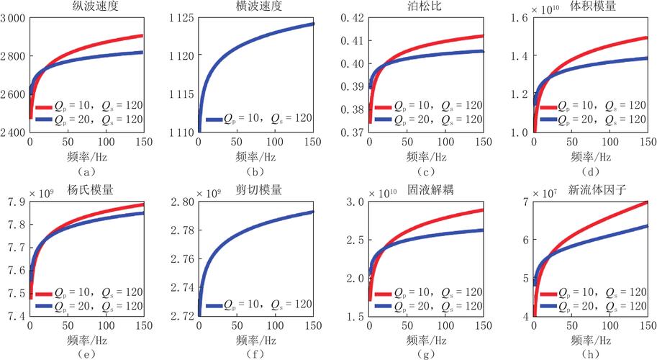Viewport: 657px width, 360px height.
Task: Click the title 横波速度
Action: (x=258, y=6)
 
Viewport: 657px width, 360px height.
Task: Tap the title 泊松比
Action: (x=425, y=6)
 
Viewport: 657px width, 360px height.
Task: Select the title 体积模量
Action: (x=592, y=6)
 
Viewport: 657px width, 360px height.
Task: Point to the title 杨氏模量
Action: (x=90, y=190)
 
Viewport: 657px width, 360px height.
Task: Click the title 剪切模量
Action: (x=258, y=190)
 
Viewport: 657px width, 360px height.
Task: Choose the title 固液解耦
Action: (x=430, y=190)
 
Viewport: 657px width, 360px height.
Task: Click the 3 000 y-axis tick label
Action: (x=12, y=19)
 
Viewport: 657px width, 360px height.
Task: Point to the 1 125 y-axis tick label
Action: (x=182, y=19)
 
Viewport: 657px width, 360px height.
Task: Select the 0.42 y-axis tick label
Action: (x=353, y=19)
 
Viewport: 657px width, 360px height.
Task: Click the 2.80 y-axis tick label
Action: (x=182, y=202)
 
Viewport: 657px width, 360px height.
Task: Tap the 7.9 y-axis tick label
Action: (x=17, y=202)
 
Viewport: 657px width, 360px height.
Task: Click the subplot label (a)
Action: (x=86, y=171)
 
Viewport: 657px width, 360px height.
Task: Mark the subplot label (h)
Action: (x=591, y=354)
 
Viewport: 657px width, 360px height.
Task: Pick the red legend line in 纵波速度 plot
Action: (x=44, y=107)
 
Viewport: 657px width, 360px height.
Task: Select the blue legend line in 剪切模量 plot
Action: (x=214, y=306)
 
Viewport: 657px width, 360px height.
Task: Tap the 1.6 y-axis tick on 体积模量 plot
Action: (x=519, y=19)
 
